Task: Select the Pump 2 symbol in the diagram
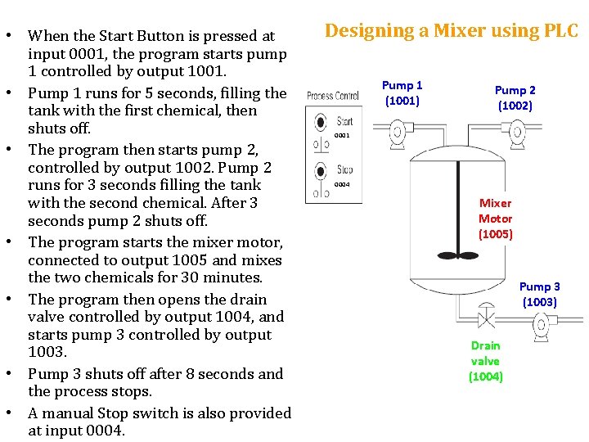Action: tap(490, 132)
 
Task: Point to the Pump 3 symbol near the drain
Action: tap(541, 326)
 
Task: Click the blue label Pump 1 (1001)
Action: tap(402, 92)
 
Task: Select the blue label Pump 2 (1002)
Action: tap(515, 97)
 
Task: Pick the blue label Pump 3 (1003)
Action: tap(539, 294)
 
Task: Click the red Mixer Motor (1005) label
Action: tap(495, 219)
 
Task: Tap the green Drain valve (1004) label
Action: tap(485, 361)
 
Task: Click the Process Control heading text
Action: tap(332, 97)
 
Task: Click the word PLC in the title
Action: tap(560, 31)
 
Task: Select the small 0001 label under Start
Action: tap(342, 135)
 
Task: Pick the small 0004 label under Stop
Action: tap(342, 185)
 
